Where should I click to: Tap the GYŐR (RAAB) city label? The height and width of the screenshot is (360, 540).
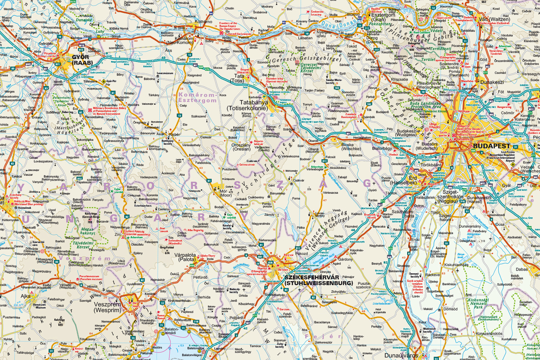pyautogui.click(x=82, y=59)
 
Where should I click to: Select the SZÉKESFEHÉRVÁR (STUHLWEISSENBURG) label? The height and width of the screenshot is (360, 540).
pyautogui.click(x=317, y=280)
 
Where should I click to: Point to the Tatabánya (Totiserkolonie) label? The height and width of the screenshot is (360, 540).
pyautogui.click(x=246, y=105)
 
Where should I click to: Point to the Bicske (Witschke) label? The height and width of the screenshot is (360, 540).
pyautogui.click(x=351, y=147)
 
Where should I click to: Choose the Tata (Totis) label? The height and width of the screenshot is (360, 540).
pyautogui.click(x=239, y=79)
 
